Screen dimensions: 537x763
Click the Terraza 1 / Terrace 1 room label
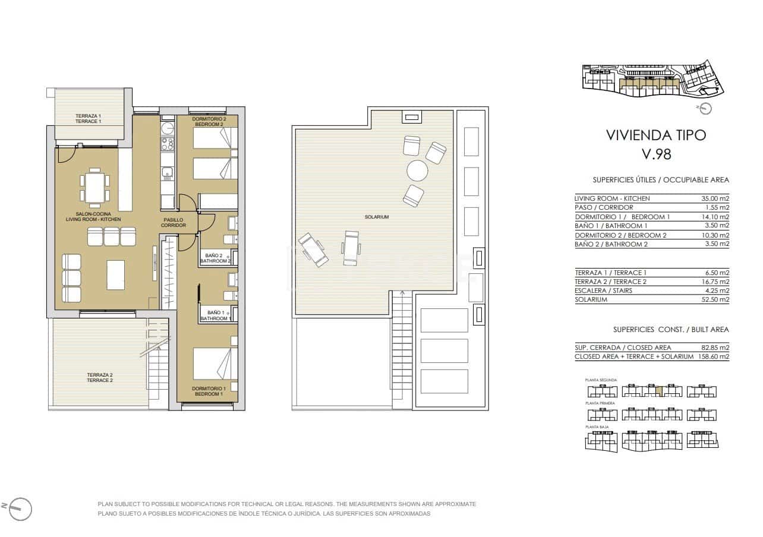point(88,118)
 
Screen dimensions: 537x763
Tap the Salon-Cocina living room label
point(93,217)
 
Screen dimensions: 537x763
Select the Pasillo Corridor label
point(174,223)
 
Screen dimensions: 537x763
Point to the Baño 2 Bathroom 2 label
point(215,258)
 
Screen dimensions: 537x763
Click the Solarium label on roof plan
point(377,217)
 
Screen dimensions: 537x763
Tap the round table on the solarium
point(417,171)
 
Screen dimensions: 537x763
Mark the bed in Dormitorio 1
point(215,363)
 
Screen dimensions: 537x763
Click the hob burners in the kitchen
point(168,144)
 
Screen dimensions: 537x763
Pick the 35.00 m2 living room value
point(715,198)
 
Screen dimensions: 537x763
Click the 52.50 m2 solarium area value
point(715,299)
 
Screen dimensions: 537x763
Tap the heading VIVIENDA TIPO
point(656,135)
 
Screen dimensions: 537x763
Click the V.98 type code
point(656,154)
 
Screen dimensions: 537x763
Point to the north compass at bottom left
point(20,508)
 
